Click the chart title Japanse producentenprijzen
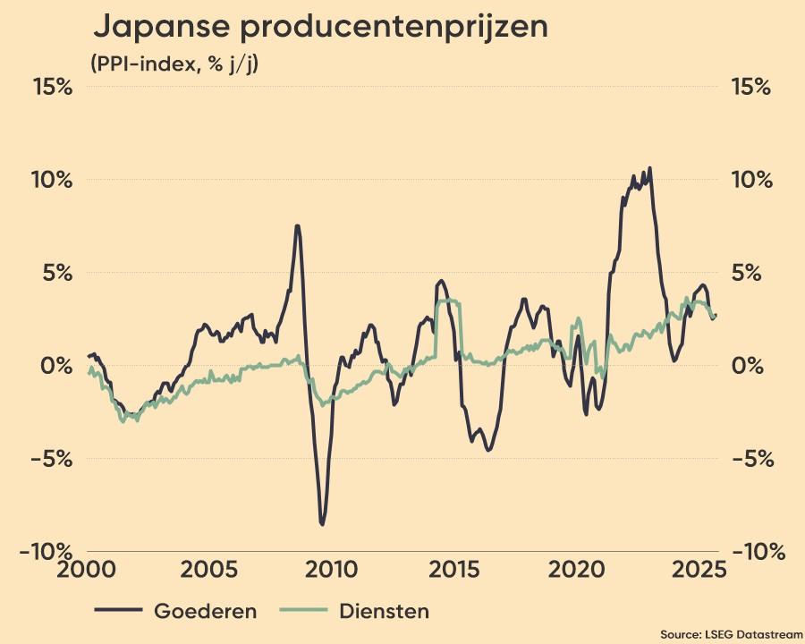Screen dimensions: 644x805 pyautogui.click(x=320, y=28)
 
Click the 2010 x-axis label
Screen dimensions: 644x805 pyautogui.click(x=331, y=570)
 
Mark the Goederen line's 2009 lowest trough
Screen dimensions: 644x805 pyautogui.click(x=322, y=524)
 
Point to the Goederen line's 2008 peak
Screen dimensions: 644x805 pyautogui.click(x=297, y=225)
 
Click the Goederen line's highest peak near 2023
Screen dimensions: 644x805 pyautogui.click(x=649, y=167)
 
